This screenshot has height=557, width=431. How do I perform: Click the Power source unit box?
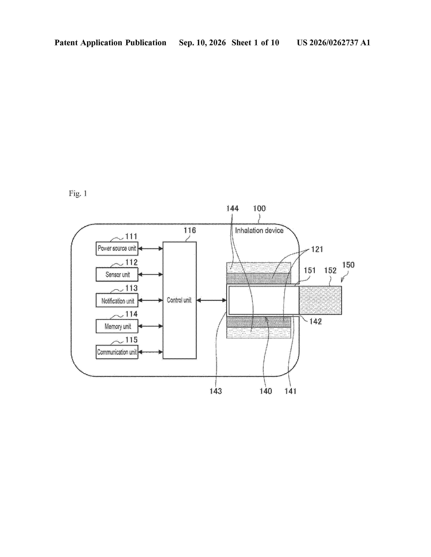[x=117, y=248]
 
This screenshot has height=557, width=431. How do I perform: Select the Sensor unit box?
[x=117, y=274]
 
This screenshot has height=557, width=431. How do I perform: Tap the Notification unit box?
[x=117, y=300]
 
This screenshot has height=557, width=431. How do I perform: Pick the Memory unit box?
[x=117, y=326]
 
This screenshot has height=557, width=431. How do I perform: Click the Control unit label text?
[x=179, y=300]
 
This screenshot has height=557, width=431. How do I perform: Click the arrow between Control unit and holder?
[x=212, y=300]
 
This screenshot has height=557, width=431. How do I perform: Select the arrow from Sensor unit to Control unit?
[x=150, y=274]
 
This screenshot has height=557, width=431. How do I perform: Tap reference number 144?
[x=232, y=209]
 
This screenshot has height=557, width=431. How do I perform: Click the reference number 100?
[x=259, y=209]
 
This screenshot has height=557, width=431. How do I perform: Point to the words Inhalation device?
[x=259, y=231]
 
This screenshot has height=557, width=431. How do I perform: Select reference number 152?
[x=330, y=270]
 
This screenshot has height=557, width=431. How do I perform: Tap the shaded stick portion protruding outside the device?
[x=320, y=300]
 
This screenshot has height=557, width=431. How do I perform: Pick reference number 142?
[x=316, y=321]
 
